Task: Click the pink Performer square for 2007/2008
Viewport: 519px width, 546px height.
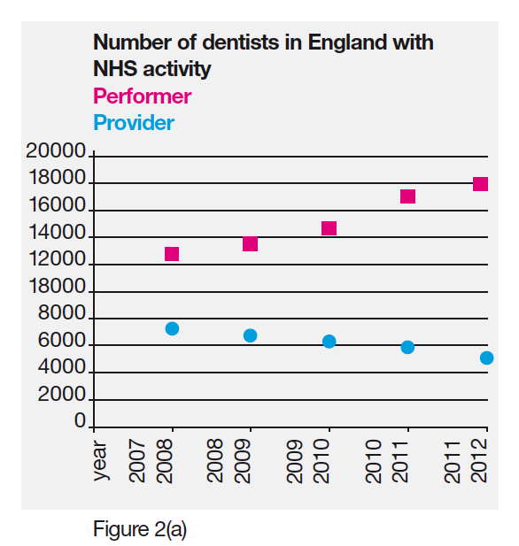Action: (172, 254)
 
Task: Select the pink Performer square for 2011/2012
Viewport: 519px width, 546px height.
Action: (480, 184)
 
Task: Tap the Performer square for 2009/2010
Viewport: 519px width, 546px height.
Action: (329, 228)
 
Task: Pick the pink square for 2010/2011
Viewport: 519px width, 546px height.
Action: (407, 196)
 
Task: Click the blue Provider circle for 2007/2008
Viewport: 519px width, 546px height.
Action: (172, 328)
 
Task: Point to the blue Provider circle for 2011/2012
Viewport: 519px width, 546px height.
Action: (486, 358)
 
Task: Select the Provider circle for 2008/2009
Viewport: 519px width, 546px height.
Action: (250, 335)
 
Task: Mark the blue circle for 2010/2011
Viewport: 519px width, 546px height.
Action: (407, 347)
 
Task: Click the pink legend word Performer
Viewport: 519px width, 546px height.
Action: (142, 96)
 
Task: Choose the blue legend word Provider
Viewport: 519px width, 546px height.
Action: (134, 123)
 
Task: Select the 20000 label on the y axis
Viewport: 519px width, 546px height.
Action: (56, 152)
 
